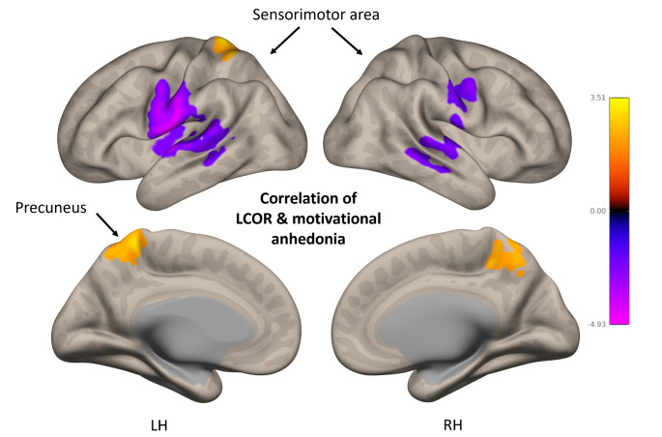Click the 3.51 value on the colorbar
599,97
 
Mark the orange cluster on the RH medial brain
504,253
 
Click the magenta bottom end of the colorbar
619,319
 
